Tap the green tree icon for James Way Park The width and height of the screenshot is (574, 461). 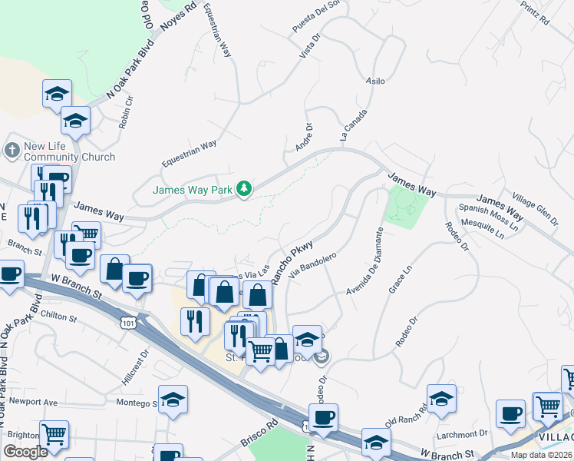point(244,188)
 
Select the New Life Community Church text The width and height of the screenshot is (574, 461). point(69,151)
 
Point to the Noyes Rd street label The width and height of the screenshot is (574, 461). point(177,15)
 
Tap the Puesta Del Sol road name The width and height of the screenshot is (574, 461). point(315,17)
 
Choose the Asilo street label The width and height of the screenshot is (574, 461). point(375,81)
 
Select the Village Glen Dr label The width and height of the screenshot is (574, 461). point(536,208)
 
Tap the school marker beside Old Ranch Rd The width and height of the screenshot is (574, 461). point(441,399)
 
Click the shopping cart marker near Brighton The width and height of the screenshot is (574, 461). point(54,435)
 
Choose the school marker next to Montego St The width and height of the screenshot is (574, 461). point(174,400)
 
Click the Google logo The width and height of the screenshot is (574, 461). point(25,451)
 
